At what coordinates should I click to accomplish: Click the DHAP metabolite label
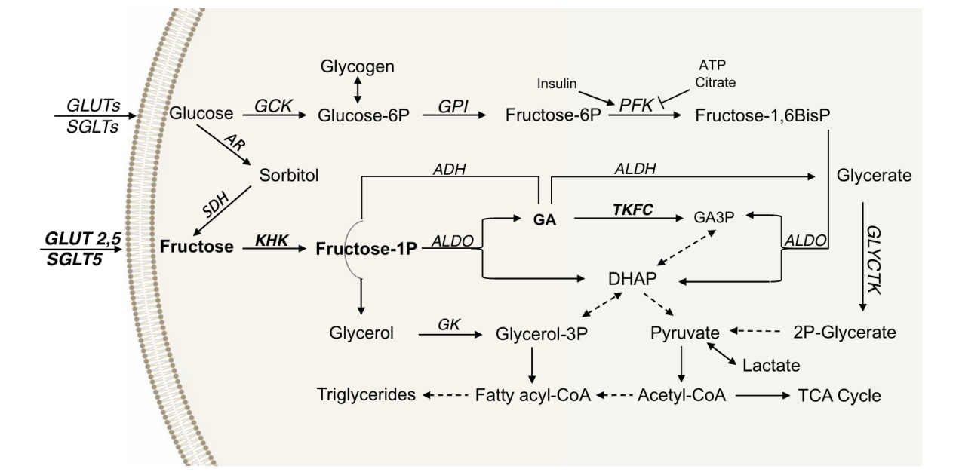[634, 279]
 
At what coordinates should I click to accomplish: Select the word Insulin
[560, 81]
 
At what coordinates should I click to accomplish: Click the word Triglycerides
[364, 395]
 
